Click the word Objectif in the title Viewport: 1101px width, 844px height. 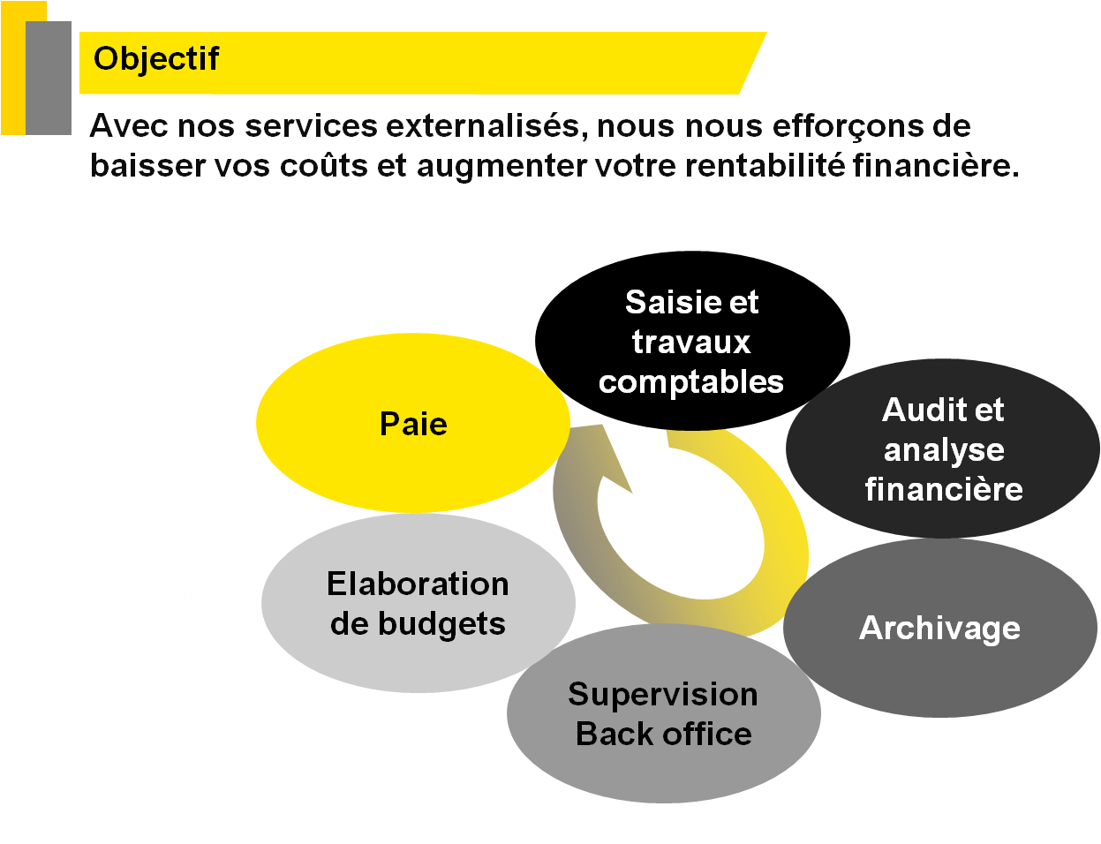click(x=156, y=59)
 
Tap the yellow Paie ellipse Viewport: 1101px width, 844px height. click(x=413, y=424)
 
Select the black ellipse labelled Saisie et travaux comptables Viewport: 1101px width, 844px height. click(x=691, y=342)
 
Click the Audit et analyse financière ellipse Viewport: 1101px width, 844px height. click(x=943, y=449)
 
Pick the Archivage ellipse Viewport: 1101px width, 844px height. click(x=939, y=629)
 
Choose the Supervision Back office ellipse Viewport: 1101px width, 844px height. click(x=663, y=714)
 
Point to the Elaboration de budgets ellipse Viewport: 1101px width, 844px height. click(x=418, y=604)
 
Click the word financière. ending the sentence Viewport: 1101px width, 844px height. click(x=936, y=166)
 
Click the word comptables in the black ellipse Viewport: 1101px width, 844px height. click(x=691, y=382)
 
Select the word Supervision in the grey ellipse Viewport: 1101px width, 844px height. click(x=663, y=695)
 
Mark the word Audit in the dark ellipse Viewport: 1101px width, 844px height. click(x=918, y=411)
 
